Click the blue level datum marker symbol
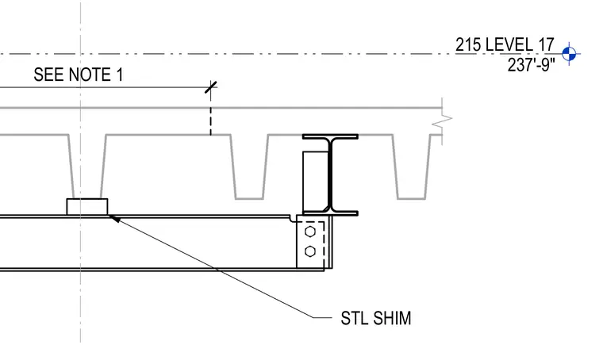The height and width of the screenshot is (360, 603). [x=569, y=54]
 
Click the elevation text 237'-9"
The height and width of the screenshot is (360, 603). [x=531, y=65]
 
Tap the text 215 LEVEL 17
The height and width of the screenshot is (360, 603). [x=505, y=44]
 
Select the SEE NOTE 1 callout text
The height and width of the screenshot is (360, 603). [x=79, y=75]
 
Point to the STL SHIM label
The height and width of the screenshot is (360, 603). [x=376, y=318]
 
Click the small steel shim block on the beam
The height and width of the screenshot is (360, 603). [x=87, y=207]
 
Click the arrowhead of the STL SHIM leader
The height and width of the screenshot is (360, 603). [x=114, y=219]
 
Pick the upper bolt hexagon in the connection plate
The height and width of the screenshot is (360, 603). [x=310, y=232]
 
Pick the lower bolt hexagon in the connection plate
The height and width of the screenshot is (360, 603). [x=310, y=251]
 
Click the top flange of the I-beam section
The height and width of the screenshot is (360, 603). [x=330, y=136]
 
